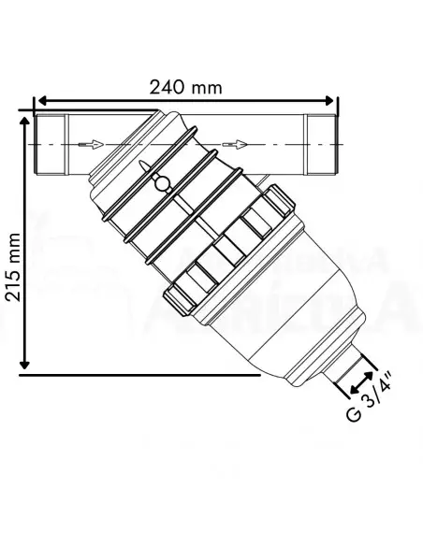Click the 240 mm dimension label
pos(186,87)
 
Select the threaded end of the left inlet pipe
pos(48,143)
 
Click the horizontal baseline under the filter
pos(140,374)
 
